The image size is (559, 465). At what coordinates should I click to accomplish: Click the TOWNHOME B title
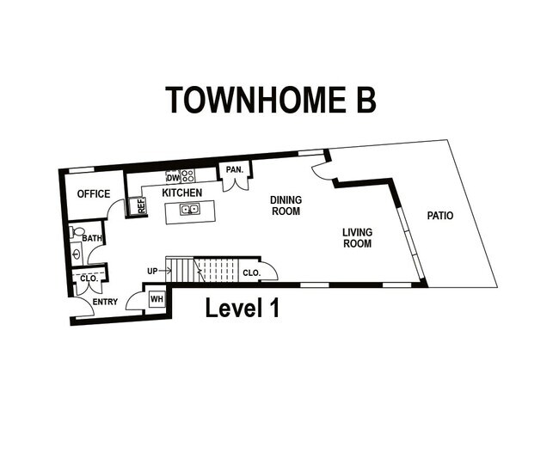pyautogui.click(x=270, y=100)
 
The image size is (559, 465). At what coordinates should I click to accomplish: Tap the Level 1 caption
pyautogui.click(x=242, y=308)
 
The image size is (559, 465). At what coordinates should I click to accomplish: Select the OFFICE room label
pyautogui.click(x=94, y=194)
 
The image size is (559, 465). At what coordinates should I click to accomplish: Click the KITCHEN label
pyautogui.click(x=182, y=193)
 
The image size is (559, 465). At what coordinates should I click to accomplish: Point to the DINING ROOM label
pyautogui.click(x=286, y=205)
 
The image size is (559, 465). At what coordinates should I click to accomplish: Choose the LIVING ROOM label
pyautogui.click(x=357, y=238)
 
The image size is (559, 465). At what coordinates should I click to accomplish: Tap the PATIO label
pyautogui.click(x=440, y=216)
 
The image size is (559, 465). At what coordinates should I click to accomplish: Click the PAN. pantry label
pyautogui.click(x=234, y=170)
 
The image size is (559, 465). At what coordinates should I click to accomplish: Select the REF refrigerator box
pyautogui.click(x=141, y=206)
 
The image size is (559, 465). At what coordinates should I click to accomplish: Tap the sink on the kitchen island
pyautogui.click(x=189, y=209)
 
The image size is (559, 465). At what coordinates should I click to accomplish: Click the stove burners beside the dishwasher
pyautogui.click(x=187, y=176)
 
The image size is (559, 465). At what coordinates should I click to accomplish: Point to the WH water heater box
pyautogui.click(x=157, y=299)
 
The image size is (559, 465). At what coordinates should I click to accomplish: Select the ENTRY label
pyautogui.click(x=105, y=302)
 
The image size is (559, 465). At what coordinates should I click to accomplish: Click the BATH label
pyautogui.click(x=92, y=238)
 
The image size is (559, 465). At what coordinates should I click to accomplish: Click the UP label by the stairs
pyautogui.click(x=152, y=272)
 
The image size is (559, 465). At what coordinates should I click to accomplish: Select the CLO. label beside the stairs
pyautogui.click(x=251, y=272)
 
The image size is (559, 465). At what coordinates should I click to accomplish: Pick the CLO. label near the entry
pyautogui.click(x=88, y=278)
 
